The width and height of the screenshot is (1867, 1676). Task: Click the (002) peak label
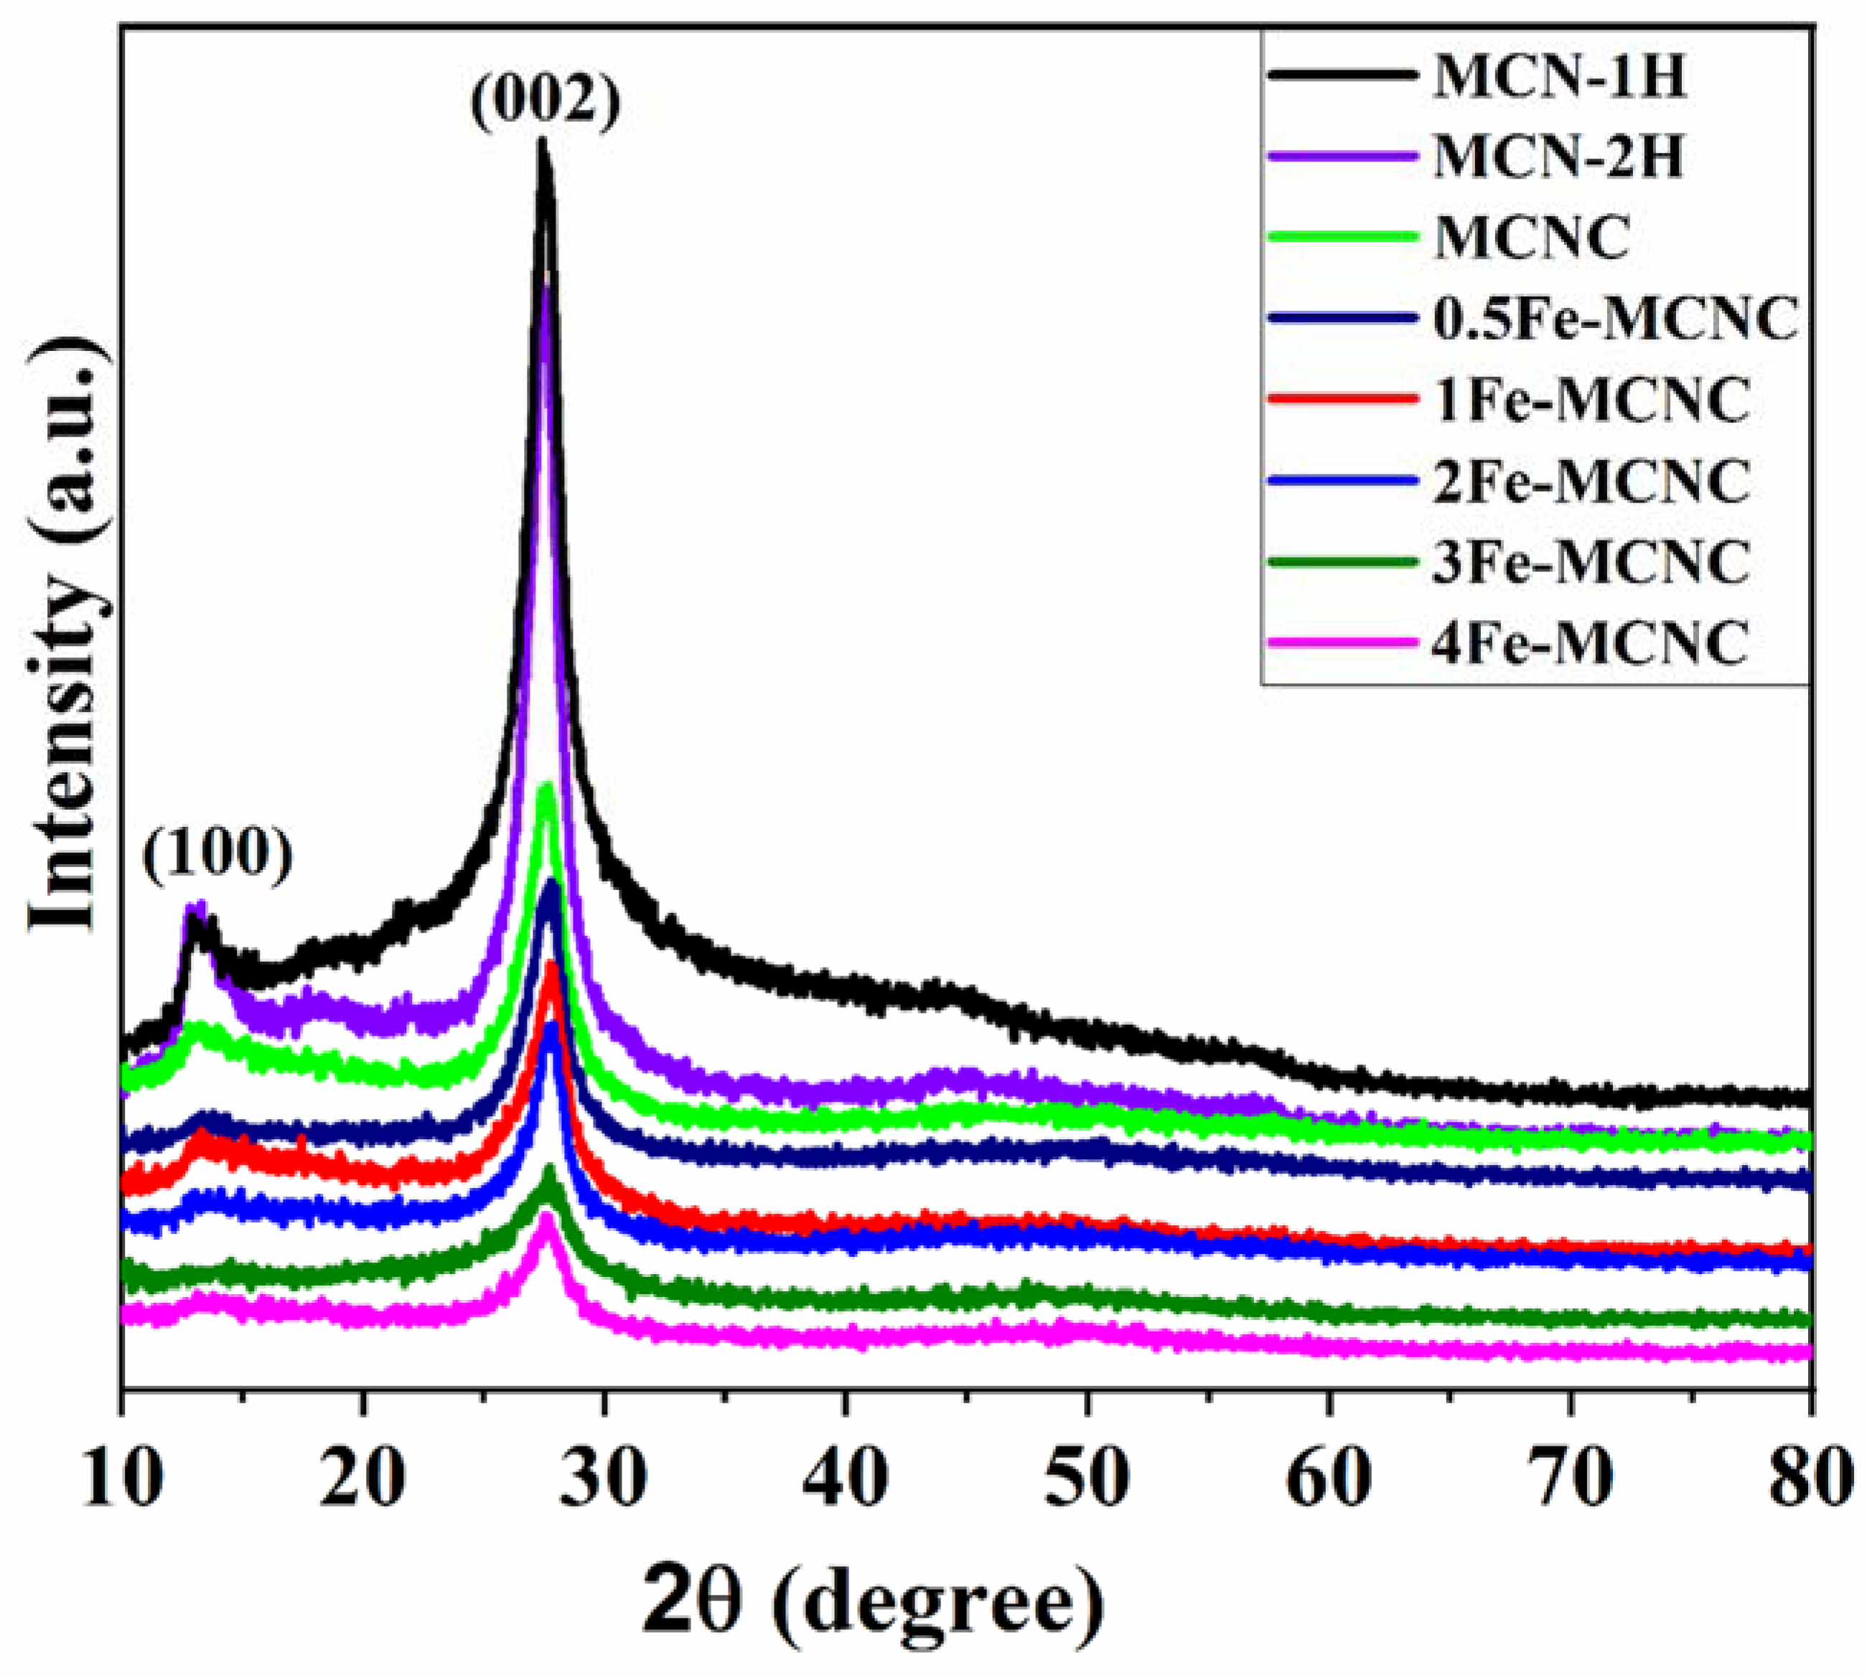pos(546,102)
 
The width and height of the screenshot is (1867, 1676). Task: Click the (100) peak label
pos(218,856)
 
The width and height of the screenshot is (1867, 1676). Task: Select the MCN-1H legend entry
pos(1558,78)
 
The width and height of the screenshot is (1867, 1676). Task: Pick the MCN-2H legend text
pos(1558,157)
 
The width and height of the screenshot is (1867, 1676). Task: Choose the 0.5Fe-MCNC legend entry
pos(1614,319)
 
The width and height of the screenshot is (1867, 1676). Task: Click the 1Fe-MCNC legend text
pos(1590,401)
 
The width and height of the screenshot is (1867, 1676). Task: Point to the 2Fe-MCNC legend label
pos(1590,481)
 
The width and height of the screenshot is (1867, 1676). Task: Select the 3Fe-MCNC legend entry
pos(1590,562)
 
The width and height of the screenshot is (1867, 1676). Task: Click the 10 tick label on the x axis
pos(119,1479)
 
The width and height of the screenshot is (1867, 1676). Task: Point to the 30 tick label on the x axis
pos(604,1479)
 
